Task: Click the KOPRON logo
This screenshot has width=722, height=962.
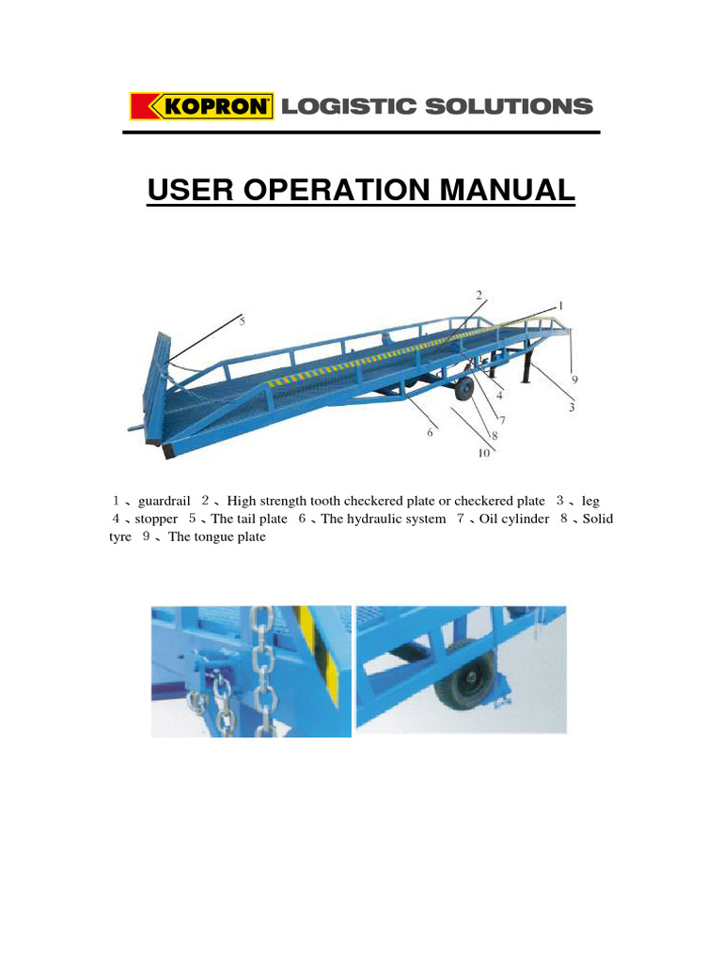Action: [x=201, y=106]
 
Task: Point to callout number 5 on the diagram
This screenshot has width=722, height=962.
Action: [x=242, y=320]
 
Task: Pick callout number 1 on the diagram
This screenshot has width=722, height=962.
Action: [x=560, y=306]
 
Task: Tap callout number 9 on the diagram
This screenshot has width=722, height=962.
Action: [x=574, y=380]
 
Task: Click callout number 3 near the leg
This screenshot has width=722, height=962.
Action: [x=572, y=407]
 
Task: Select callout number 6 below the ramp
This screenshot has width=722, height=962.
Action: [x=431, y=432]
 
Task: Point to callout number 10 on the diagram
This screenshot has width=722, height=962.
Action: [x=483, y=454]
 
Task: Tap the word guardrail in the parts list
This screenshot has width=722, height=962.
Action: [x=165, y=502]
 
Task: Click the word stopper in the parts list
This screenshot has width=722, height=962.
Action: [x=156, y=519]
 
